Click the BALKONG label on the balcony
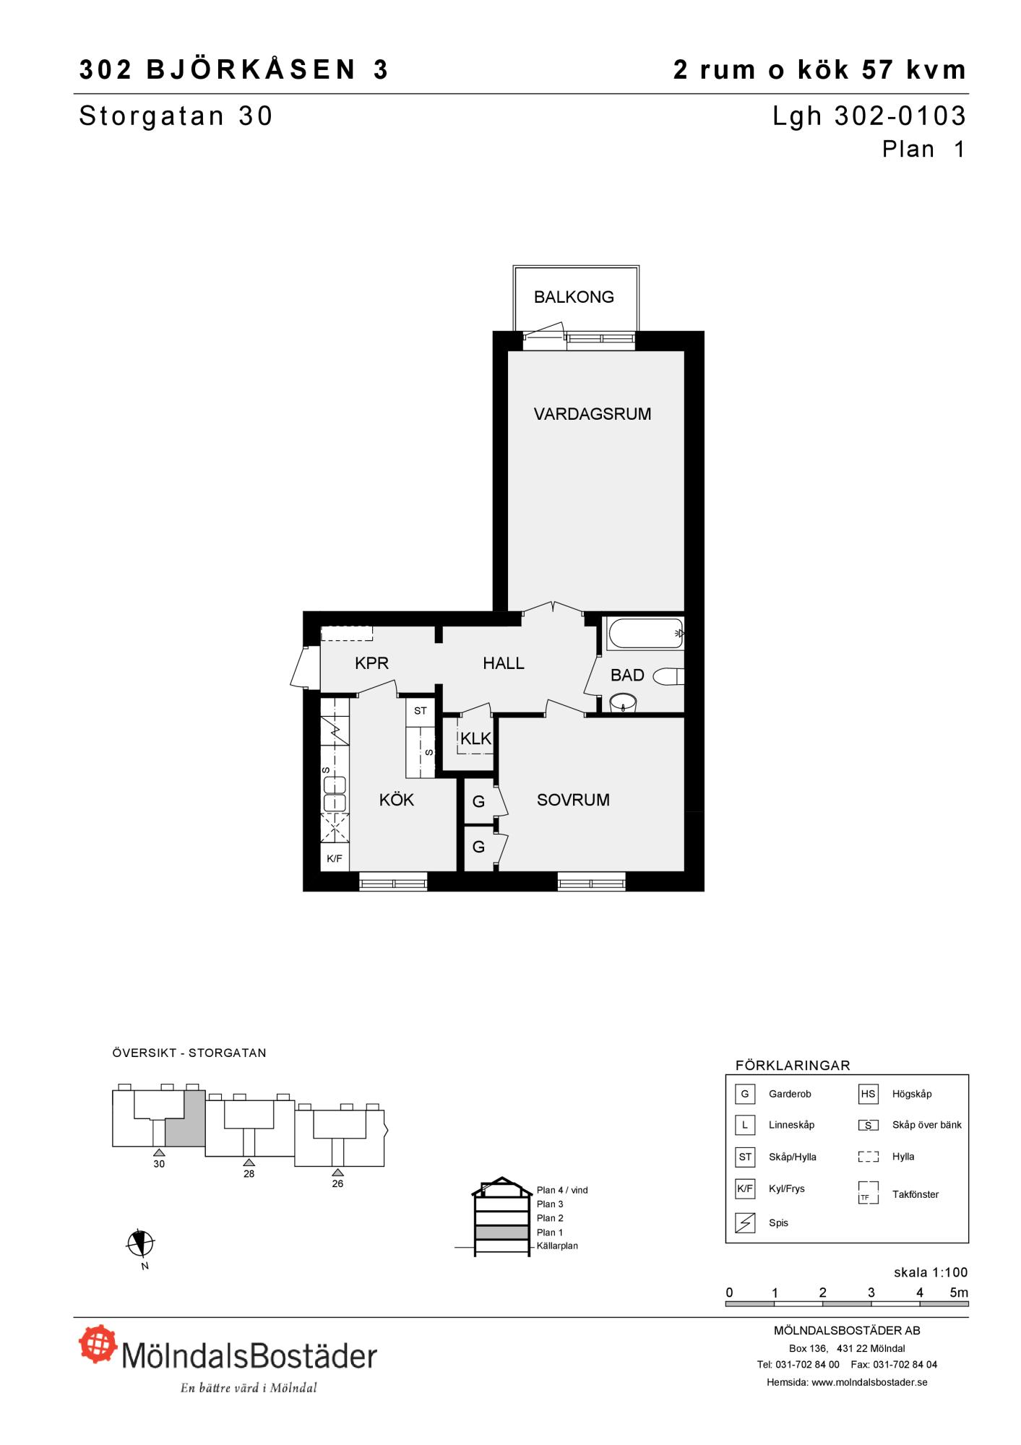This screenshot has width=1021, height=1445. pyautogui.click(x=574, y=297)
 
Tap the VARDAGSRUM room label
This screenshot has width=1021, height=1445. pyautogui.click(x=593, y=414)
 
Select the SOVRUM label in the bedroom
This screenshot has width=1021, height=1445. pyautogui.click(x=573, y=800)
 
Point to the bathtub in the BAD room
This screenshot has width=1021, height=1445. pyautogui.click(x=645, y=634)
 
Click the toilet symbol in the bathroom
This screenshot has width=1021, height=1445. pyautogui.click(x=668, y=677)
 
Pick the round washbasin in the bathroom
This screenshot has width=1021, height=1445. pyautogui.click(x=623, y=702)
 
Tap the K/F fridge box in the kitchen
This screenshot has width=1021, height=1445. pyautogui.click(x=335, y=858)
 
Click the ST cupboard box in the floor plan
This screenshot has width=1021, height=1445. pyautogui.click(x=421, y=711)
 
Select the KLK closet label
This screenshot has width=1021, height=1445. pyautogui.click(x=475, y=738)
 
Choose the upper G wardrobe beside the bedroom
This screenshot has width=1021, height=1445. pyautogui.click(x=478, y=801)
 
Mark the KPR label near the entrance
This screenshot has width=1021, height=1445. pyautogui.click(x=372, y=663)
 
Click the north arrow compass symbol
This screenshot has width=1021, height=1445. pyautogui.click(x=141, y=1243)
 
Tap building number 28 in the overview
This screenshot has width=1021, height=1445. pyautogui.click(x=249, y=1173)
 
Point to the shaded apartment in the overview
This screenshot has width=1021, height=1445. pyautogui.click(x=186, y=1118)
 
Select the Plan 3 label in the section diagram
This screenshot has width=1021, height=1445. pyautogui.click(x=550, y=1204)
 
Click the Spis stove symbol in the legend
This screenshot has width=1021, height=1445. pyautogui.click(x=745, y=1222)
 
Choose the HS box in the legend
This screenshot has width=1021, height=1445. pyautogui.click(x=868, y=1094)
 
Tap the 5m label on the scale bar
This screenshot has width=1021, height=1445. pyautogui.click(x=959, y=1293)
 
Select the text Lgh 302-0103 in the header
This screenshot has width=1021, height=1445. pyautogui.click(x=869, y=116)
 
